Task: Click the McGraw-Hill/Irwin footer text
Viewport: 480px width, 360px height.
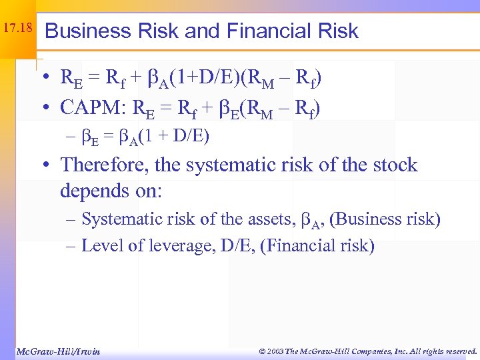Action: click(57, 351)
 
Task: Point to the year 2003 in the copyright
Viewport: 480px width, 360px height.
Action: click(275, 351)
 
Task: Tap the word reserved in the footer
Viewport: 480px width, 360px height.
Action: click(457, 351)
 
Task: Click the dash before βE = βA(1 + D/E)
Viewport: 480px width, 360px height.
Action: click(70, 137)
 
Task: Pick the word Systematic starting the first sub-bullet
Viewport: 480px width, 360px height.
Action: click(117, 219)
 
